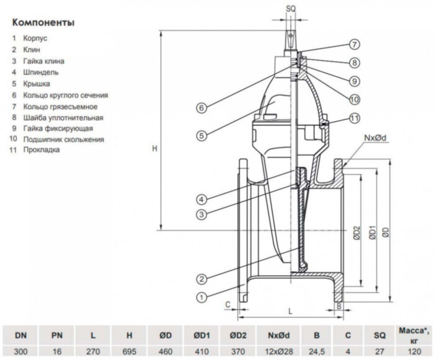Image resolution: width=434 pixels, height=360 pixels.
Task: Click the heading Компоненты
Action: (43, 22)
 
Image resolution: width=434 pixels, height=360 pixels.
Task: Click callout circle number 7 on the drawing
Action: (353, 45)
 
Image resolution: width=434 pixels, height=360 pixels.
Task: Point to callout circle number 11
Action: (353, 118)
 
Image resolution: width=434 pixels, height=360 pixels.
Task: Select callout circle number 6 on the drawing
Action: (202, 108)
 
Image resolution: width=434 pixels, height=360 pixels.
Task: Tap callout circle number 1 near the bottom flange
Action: (201, 297)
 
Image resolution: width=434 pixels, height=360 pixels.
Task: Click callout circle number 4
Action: (201, 200)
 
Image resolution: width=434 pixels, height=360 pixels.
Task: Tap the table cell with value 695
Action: (129, 351)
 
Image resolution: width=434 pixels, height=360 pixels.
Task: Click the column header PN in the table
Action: (56, 335)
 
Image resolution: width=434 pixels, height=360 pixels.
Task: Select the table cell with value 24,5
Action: (316, 351)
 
